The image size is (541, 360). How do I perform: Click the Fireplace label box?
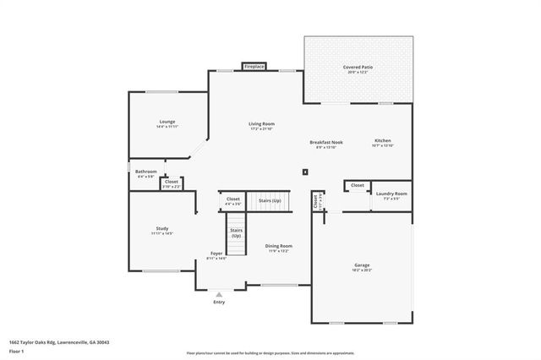(253, 66)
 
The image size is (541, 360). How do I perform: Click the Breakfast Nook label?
(325, 143)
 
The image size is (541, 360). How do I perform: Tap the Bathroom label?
(146, 173)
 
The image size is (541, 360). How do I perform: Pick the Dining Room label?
(279, 248)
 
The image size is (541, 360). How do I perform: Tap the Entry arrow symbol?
(219, 293)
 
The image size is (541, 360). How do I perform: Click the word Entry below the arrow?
(219, 302)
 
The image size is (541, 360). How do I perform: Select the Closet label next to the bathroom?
(171, 183)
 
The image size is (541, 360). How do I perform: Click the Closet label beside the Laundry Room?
(357, 185)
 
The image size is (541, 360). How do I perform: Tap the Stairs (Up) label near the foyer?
(236, 233)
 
